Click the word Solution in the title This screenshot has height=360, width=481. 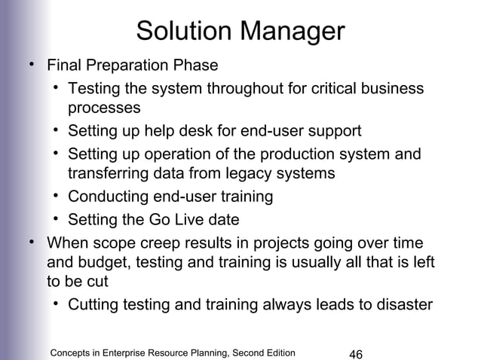point(183,32)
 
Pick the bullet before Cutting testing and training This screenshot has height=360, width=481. point(57,305)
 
